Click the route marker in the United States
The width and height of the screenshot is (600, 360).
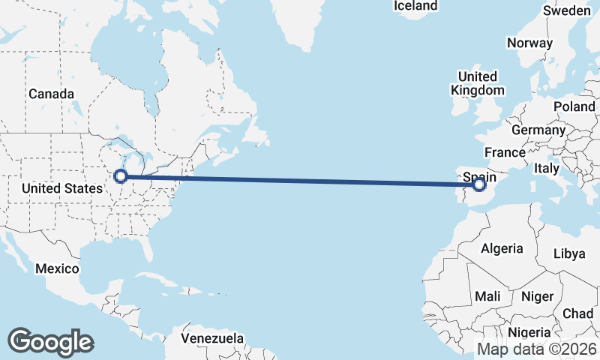coord(120,176)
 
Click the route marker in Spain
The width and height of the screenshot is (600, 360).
coord(480,183)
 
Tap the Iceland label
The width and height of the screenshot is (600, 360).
coord(415,6)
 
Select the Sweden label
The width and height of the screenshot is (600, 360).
coord(566,11)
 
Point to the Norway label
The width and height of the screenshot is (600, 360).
coord(529,43)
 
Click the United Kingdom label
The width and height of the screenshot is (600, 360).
coord(478,83)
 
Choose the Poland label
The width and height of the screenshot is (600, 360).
coord(574,107)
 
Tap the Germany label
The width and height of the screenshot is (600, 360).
coord(538,130)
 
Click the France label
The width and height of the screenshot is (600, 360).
coord(505,153)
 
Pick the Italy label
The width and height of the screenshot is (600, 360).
coord(547,169)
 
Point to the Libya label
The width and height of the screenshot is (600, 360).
coord(568,254)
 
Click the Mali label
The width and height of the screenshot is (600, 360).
coord(487,296)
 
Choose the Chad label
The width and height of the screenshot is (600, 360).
coord(578,313)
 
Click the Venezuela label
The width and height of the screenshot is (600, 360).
coord(212,338)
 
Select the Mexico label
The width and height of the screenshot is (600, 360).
coord(59,268)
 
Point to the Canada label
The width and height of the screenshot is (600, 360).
coord(51,94)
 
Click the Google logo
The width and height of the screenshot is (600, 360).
coord(50,342)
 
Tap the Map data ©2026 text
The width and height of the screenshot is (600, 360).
coord(537,349)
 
